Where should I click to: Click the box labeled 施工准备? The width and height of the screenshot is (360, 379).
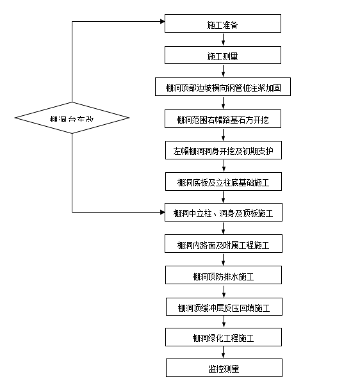(x=223, y=24)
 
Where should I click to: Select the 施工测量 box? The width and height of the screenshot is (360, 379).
(x=223, y=56)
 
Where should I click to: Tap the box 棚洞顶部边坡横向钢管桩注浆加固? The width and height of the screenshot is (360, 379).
(x=223, y=87)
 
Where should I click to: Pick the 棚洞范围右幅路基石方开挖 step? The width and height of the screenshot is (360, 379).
(x=223, y=119)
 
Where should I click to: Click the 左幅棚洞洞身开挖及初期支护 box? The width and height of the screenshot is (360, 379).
(x=223, y=151)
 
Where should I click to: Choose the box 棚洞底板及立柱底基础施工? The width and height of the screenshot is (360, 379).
(x=223, y=182)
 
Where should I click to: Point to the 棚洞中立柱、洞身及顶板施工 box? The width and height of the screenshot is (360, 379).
(x=223, y=213)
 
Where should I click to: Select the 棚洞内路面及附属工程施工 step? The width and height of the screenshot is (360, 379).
(x=223, y=245)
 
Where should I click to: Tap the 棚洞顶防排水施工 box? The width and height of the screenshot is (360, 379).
(x=223, y=276)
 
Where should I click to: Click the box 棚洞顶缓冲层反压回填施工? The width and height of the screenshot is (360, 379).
(x=223, y=307)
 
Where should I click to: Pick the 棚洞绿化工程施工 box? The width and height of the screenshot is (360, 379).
(x=223, y=337)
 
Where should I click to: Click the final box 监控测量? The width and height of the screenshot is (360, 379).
(x=223, y=368)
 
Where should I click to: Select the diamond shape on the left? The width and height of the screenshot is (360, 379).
(x=72, y=118)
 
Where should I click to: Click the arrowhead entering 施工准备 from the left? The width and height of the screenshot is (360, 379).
(x=161, y=21)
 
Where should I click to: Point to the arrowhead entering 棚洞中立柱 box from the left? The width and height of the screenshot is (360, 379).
(x=161, y=211)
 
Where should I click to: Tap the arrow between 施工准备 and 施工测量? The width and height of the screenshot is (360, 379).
(x=223, y=39)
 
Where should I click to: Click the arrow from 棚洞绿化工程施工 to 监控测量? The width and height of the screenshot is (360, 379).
(x=223, y=353)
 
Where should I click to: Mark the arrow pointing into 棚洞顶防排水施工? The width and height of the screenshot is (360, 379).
(x=223, y=261)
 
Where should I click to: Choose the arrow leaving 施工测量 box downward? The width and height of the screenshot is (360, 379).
(x=223, y=71)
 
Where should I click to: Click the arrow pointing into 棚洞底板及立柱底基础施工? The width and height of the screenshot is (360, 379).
(x=223, y=168)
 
